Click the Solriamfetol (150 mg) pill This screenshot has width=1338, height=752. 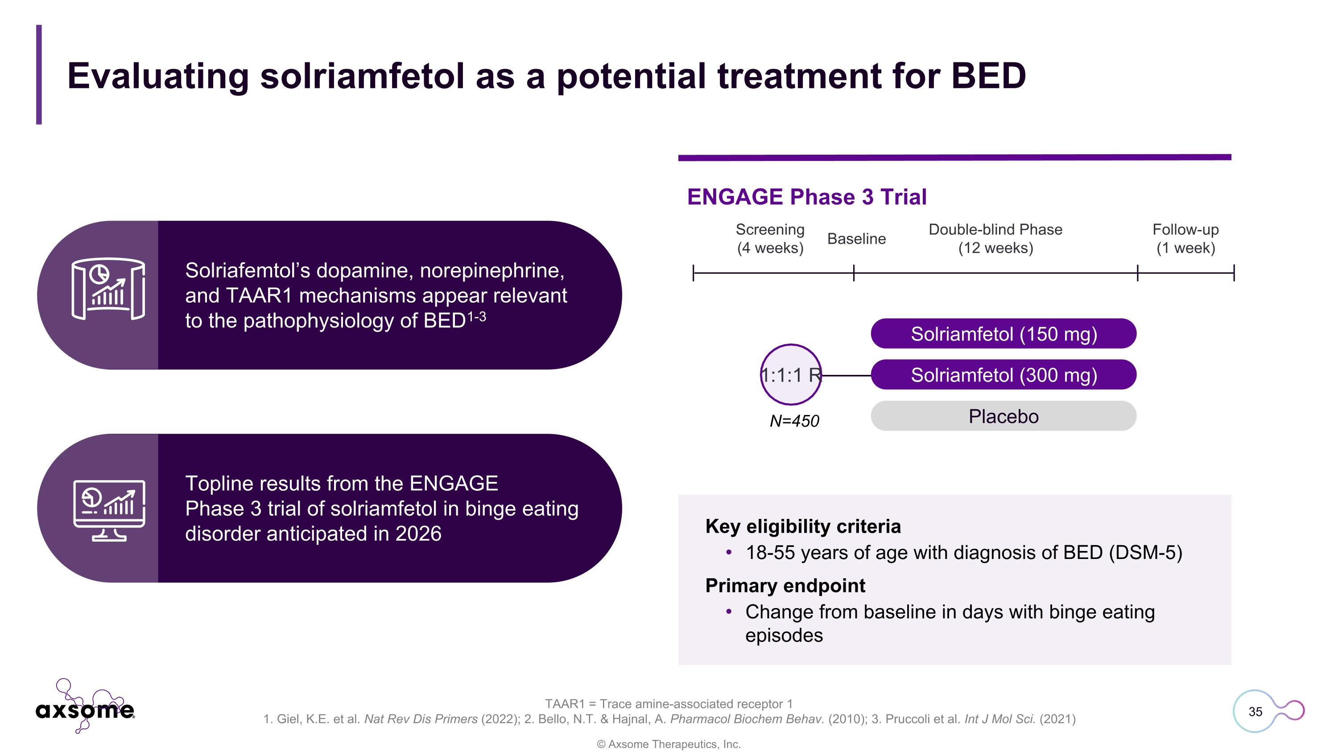1003,334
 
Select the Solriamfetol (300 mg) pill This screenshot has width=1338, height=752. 1003,375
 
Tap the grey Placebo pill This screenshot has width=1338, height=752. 1003,416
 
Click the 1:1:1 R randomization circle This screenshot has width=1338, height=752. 791,375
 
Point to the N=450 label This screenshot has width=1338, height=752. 794,421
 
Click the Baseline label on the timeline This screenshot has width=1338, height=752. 856,239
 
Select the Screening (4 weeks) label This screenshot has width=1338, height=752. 770,239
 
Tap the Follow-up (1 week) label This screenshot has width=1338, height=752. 1185,239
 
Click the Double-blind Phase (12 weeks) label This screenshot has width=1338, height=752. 995,239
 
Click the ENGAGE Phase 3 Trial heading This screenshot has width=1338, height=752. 807,197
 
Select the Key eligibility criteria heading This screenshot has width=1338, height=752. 802,526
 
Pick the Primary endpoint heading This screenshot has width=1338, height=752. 785,585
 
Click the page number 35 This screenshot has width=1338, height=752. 1255,711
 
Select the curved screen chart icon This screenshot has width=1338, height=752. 108,288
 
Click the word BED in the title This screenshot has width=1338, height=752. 988,76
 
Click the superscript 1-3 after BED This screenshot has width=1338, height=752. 476,316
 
